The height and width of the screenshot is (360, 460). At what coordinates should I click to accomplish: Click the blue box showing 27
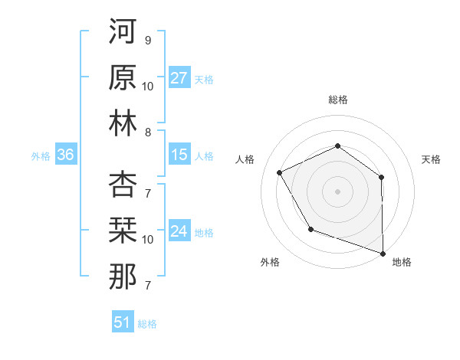click(179, 78)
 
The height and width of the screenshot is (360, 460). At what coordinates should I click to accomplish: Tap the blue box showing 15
click(179, 155)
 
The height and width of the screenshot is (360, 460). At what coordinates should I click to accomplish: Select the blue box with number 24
click(179, 232)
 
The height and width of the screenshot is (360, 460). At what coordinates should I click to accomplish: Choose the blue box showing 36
click(65, 155)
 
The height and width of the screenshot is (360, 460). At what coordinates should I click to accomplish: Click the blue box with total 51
click(122, 322)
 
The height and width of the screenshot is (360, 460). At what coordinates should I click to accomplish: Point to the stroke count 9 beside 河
click(147, 40)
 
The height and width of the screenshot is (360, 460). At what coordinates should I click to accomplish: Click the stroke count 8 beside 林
click(147, 133)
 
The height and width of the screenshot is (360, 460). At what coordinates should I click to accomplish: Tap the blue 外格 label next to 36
click(41, 156)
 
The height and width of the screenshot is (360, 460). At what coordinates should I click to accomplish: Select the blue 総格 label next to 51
click(147, 324)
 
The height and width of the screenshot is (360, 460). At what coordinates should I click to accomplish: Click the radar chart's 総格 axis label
click(337, 100)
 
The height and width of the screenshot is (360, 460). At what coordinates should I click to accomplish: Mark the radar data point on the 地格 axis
click(382, 252)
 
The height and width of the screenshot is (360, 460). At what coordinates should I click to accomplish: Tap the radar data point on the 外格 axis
click(310, 229)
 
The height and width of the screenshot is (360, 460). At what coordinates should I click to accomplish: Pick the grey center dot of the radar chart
click(337, 191)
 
